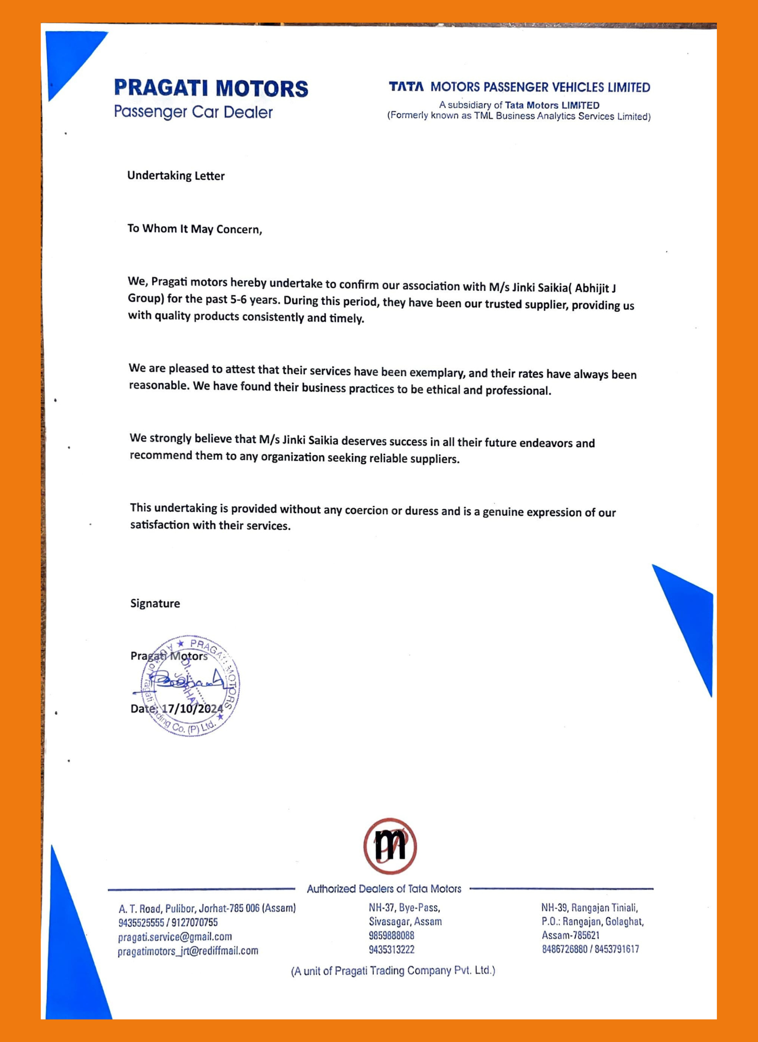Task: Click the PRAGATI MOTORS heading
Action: (x=211, y=88)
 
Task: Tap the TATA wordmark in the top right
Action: (x=406, y=86)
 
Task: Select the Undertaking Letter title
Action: (x=176, y=176)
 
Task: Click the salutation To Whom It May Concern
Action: (x=194, y=229)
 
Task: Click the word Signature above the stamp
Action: (x=155, y=603)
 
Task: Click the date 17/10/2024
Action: (x=192, y=709)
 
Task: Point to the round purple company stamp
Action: (x=190, y=685)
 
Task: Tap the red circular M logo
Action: (x=390, y=846)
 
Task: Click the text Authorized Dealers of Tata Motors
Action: (x=384, y=889)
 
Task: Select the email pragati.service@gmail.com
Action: (x=175, y=937)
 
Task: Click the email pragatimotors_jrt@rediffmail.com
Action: (x=188, y=951)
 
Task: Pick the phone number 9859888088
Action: (x=391, y=936)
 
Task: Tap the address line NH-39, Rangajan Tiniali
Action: (x=589, y=908)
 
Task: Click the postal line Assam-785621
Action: (x=570, y=935)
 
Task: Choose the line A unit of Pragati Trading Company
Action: (x=393, y=971)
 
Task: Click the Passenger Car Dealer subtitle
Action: (x=193, y=112)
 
